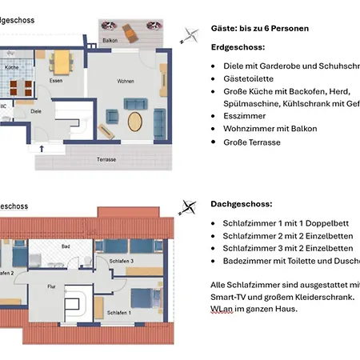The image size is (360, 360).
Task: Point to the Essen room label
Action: tap(55, 81)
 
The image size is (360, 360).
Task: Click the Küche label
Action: tap(10, 68)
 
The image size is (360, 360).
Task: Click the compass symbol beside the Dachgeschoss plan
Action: tap(188, 207)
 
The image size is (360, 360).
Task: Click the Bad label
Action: tap(66, 246)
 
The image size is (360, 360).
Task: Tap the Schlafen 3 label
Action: tap(121, 262)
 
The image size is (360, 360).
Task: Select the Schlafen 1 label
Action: tap(118, 313)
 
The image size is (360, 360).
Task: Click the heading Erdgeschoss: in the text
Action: tap(238, 48)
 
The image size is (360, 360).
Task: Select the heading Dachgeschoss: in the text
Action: tap(241, 204)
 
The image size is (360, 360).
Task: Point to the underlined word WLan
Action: tap(221, 307)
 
